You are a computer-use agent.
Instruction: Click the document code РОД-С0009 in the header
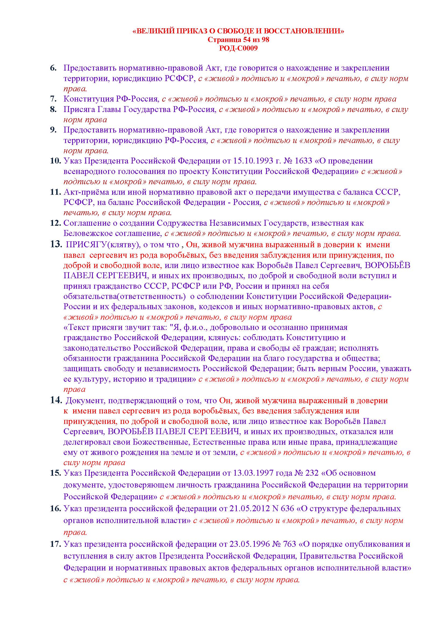[x=238, y=48]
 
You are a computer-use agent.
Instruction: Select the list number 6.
[x=53, y=68]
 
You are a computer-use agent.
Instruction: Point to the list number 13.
[x=56, y=244]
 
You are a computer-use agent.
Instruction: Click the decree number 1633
[x=303, y=161]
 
